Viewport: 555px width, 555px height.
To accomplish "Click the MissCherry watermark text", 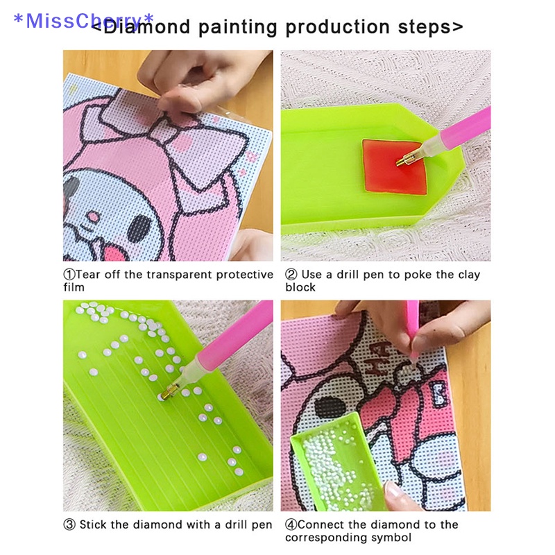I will [83, 20].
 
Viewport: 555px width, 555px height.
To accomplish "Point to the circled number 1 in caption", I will [69, 275].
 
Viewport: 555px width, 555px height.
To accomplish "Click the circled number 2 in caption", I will [291, 275].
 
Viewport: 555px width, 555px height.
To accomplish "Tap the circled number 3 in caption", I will [69, 524].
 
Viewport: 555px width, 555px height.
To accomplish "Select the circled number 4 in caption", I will [291, 524].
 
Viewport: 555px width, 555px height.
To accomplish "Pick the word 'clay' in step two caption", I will [466, 275].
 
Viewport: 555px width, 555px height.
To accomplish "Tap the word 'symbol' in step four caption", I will [390, 538].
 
